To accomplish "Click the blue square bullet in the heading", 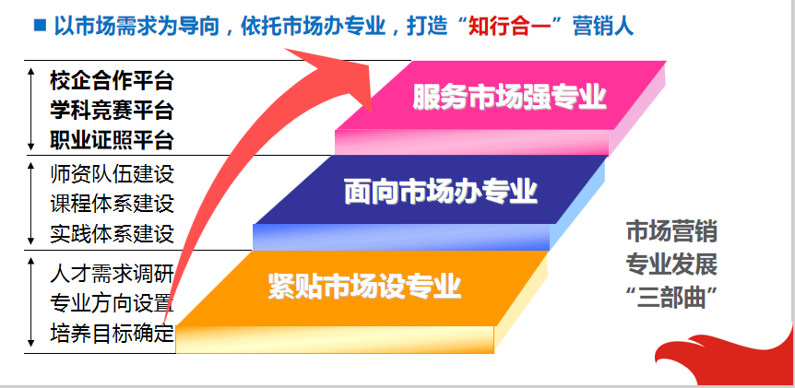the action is click(40, 24).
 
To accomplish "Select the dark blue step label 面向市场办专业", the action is click(441, 192).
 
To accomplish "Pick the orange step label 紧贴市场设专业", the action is click(364, 287).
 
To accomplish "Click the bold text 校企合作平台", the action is click(112, 80).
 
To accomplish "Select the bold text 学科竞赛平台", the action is click(112, 111).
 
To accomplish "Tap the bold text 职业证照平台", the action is click(112, 140).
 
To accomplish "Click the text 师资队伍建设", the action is click(112, 174).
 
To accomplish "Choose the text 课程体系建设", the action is click(112, 204).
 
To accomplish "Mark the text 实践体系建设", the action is click(112, 234).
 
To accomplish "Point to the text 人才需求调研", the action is click(112, 274).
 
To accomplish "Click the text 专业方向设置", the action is click(112, 304).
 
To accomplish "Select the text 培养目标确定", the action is click(112, 334).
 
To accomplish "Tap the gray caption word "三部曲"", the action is click(671, 298).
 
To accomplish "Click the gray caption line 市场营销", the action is click(671, 232).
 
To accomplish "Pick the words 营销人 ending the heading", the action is click(603, 26).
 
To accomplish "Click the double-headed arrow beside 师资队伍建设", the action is click(31, 204).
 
